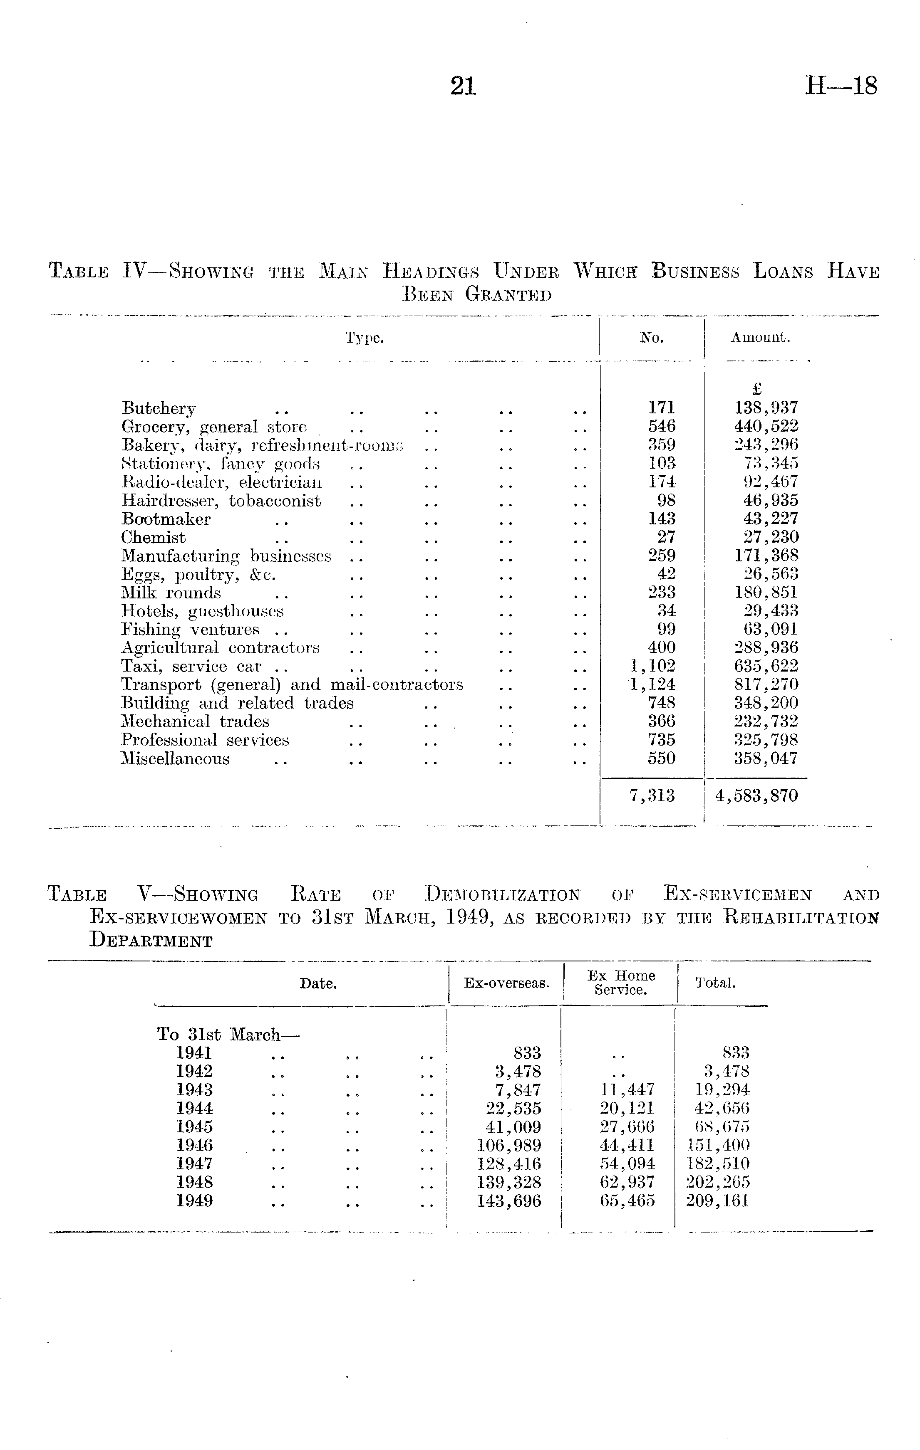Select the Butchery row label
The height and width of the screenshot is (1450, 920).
click(159, 408)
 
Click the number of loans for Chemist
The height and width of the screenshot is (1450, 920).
click(666, 537)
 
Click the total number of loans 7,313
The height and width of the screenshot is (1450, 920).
click(652, 796)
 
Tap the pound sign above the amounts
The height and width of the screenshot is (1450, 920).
click(757, 389)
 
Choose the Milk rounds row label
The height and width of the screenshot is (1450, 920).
click(171, 593)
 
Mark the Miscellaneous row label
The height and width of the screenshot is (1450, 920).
click(175, 759)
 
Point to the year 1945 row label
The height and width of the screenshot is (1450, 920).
click(194, 1126)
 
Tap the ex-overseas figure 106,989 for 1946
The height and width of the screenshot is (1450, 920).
click(509, 1145)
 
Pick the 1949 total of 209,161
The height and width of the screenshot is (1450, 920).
click(717, 1201)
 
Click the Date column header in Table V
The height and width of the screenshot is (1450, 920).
click(318, 983)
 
